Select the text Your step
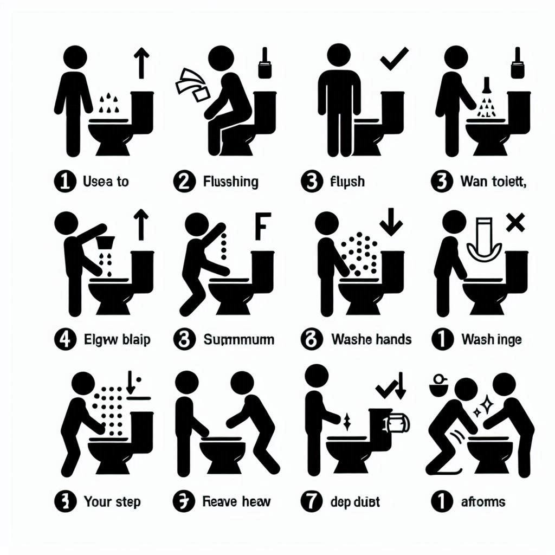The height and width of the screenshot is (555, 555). (x=113, y=501)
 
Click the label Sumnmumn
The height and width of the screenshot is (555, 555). (x=238, y=340)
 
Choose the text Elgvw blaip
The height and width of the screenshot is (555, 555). (x=117, y=340)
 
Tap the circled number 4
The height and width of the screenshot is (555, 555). (x=63, y=340)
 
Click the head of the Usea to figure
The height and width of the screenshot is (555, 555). (x=75, y=56)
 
